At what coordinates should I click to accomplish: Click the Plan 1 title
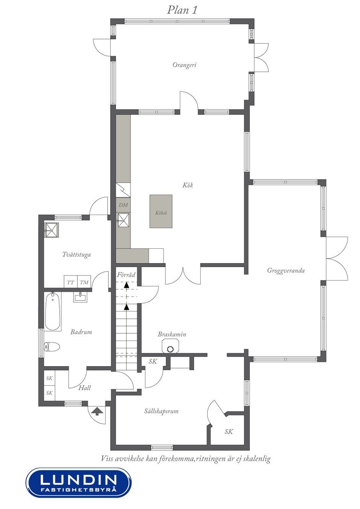(x=182, y=10)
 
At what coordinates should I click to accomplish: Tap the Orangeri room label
(x=184, y=65)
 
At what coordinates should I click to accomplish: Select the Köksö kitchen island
(x=161, y=211)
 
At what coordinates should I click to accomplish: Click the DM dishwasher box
(x=123, y=205)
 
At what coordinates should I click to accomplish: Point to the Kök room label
(x=188, y=185)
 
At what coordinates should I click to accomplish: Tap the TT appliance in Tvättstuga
(x=70, y=282)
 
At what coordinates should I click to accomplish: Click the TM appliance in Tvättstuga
(x=84, y=282)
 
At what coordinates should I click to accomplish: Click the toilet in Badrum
(x=52, y=347)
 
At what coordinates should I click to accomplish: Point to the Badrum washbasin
(x=80, y=297)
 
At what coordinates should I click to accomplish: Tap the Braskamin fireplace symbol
(x=170, y=346)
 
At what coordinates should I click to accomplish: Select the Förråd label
(x=126, y=275)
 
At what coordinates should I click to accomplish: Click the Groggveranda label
(x=286, y=271)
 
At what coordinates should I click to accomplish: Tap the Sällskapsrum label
(x=161, y=411)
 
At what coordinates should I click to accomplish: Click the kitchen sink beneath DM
(x=123, y=220)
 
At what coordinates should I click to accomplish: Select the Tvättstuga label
(x=77, y=254)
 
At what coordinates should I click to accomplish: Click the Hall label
(x=85, y=388)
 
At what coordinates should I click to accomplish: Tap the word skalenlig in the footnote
(x=257, y=459)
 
